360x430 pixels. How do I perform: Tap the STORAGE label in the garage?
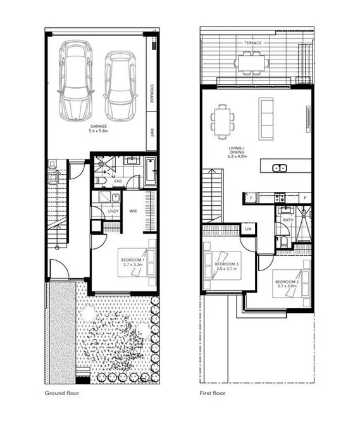click(x=152, y=93)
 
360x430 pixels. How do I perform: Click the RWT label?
click(x=152, y=133)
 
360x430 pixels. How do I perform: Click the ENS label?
click(x=118, y=182)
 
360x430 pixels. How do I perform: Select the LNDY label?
click(x=115, y=211)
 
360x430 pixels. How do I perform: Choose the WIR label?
click(x=133, y=211)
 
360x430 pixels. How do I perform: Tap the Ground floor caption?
click(x=61, y=393)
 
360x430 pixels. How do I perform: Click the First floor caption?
click(x=213, y=393)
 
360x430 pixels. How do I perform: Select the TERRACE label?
click(x=253, y=42)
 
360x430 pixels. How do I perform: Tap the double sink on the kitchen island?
click(x=279, y=168)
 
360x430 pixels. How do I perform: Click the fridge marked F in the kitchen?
click(x=251, y=198)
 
